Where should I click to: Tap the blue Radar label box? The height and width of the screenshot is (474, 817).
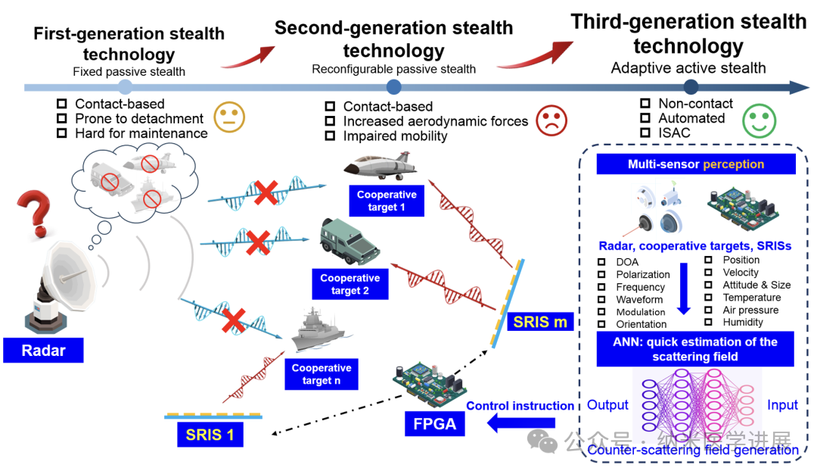pos(43,351)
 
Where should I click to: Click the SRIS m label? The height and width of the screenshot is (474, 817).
pos(540,322)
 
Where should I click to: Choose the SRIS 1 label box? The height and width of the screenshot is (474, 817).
pos(215,435)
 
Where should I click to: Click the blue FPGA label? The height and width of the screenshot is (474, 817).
pos(433,423)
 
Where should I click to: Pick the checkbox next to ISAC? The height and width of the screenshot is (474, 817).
pos(645,133)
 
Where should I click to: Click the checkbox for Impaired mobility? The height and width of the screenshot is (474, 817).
pos(330,136)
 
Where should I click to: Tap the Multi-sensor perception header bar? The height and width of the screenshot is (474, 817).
pos(695,164)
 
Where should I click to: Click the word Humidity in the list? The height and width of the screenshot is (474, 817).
pos(743,323)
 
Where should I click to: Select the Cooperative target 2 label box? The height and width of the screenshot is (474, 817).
pos(350,284)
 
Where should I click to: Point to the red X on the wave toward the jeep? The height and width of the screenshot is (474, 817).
pos(257,243)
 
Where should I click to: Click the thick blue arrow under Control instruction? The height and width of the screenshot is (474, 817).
pos(514,424)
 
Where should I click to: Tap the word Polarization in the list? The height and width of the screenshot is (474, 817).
pos(643,275)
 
